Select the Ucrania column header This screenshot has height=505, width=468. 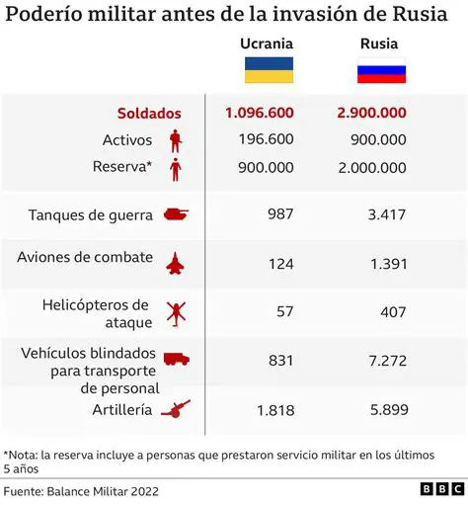pos(266,44)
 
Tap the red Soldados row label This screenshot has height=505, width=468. pos(150,114)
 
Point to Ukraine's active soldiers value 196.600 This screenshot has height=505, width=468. pos(265,140)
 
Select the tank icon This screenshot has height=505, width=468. pos(175,213)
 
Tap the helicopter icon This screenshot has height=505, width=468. pos(175,312)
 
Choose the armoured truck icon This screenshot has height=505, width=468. pos(175,361)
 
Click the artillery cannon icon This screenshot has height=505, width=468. pos(175,408)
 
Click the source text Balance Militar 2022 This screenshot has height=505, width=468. pos(108,490)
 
